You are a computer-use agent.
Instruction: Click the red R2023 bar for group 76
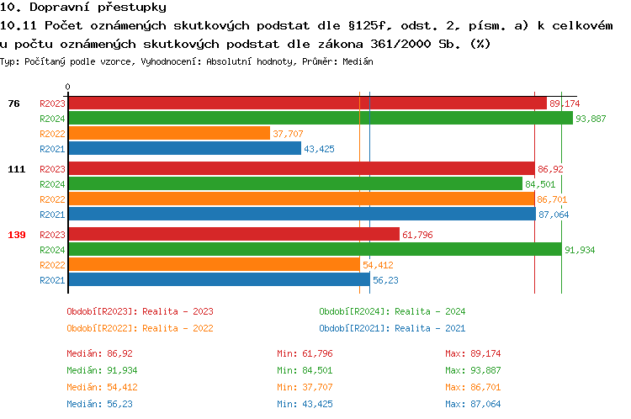coord(307,103)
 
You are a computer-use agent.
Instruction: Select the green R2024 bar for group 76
coord(320,119)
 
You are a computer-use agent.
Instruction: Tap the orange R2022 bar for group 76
coord(168,134)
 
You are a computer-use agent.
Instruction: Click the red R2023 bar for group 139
coord(233,235)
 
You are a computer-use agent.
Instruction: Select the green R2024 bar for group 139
coord(314,250)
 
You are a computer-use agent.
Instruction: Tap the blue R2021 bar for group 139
coord(219,280)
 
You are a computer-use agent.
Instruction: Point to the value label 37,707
coord(288,134)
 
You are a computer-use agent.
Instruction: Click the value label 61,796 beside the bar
coord(417,235)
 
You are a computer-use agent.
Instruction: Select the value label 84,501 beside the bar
coord(540,184)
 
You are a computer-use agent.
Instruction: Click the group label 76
coord(13,103)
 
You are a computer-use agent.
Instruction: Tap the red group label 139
coord(17,235)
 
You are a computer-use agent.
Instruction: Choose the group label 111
coord(17,169)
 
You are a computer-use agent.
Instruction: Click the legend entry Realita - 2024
coord(392,311)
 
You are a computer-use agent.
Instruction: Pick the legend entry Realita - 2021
coord(392,328)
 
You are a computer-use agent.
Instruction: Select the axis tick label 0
coord(68,88)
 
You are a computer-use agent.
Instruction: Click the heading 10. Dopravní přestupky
coord(72,7)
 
